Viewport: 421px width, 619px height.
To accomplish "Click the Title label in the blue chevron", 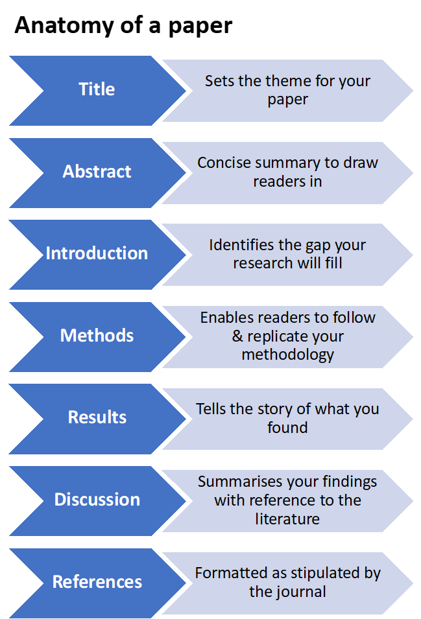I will [97, 89].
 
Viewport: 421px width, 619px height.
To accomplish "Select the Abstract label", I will [97, 172].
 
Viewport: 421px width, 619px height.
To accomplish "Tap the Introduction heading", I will [97, 253].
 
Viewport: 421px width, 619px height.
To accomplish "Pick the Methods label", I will [97, 336].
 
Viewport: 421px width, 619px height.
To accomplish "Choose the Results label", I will [97, 417].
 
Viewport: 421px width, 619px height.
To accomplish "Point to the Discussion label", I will [97, 500].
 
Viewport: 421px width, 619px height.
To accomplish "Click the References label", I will [97, 582].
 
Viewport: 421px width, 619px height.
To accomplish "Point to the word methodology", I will [287, 355].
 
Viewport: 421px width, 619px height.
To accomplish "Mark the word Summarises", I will [237, 482].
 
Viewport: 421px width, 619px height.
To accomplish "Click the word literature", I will [287, 519].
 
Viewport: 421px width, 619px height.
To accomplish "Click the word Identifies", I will [237, 246].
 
